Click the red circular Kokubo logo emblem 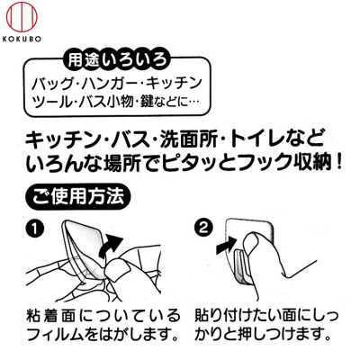(22, 16)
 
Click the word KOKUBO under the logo (22, 39)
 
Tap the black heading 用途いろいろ (117, 59)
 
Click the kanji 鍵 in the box (147, 102)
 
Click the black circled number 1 (34, 229)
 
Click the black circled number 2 (203, 229)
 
